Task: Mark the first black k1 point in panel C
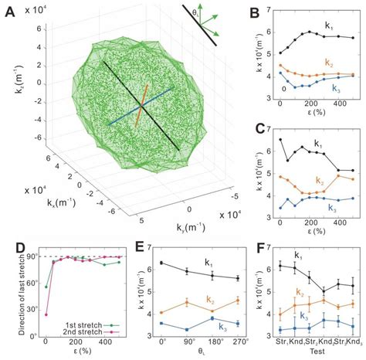[280, 140]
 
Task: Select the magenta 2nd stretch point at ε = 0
[46, 314]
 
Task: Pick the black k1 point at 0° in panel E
[162, 263]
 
